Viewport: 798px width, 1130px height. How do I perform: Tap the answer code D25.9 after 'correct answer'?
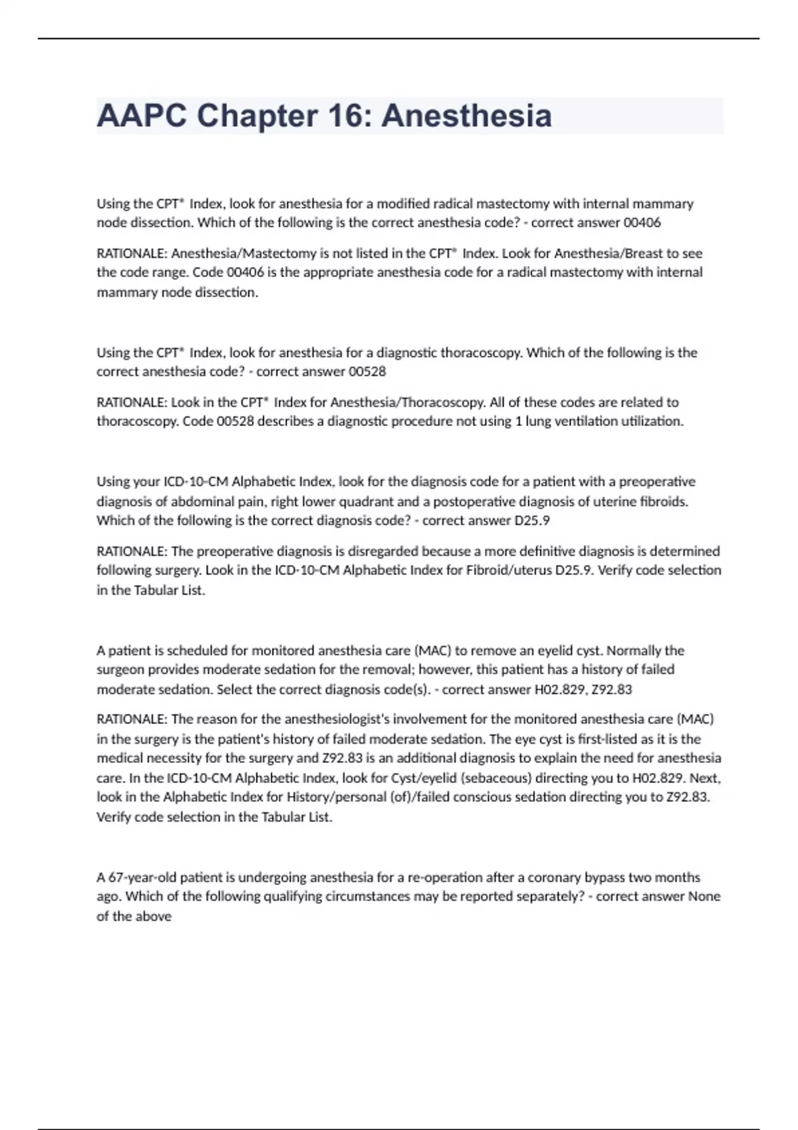point(532,520)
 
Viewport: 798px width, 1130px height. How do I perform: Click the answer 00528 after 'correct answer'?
point(367,372)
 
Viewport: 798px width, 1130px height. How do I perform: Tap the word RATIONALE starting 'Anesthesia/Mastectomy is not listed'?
point(131,253)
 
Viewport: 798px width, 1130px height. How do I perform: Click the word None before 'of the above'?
point(704,897)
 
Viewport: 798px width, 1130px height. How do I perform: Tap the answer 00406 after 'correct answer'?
point(642,223)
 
